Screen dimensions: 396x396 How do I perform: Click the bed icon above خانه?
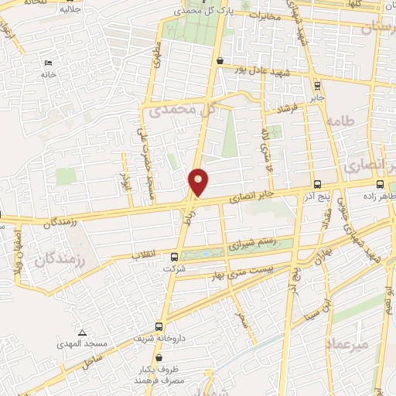coord(49,63)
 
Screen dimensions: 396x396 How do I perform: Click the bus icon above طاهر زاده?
coord(380,185)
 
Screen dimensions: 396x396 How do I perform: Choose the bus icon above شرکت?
coord(173,258)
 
